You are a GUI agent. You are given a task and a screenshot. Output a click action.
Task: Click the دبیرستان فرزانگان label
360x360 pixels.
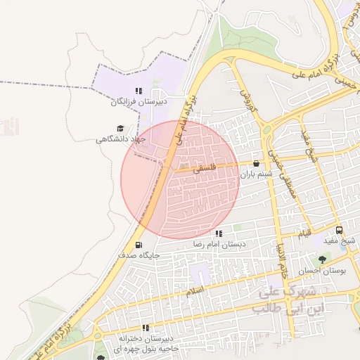pos(139,103)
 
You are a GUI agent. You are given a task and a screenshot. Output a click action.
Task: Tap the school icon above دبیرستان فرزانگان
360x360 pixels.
pos(139,91)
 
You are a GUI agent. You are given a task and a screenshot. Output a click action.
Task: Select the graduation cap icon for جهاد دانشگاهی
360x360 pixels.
pos(120,128)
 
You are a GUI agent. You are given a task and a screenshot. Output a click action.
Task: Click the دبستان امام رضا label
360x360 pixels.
pos(219,245)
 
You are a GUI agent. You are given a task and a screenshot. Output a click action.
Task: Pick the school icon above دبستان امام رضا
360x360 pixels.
pos(219,233)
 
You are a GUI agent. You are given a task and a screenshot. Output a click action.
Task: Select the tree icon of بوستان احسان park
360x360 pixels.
pos(322,259)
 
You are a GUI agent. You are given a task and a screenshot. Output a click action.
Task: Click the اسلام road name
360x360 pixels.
pos(195,290)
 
